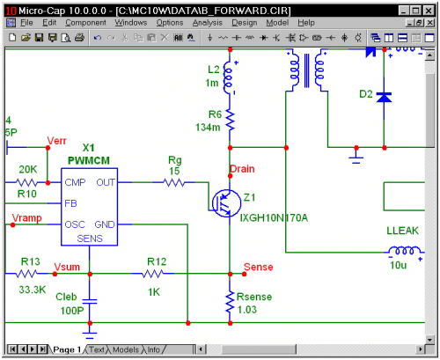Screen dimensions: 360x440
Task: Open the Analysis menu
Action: [207, 21]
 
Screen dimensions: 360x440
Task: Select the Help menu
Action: [305, 21]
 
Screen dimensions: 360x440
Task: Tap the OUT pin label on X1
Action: [105, 182]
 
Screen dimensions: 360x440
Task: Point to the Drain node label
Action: [242, 168]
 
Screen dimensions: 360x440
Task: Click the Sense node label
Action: [257, 267]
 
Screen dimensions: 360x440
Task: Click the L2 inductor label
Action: [214, 70]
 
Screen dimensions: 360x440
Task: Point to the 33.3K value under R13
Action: [32, 289]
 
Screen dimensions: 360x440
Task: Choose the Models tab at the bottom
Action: [124, 349]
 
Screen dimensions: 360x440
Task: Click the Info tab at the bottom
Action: [153, 349]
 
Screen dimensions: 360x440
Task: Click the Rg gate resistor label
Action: [175, 160]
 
